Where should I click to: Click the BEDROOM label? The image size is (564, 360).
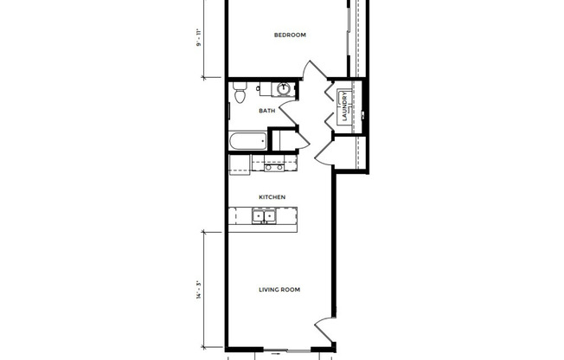[289, 35]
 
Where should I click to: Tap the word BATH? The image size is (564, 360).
[267, 111]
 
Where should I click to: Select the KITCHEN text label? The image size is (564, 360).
[272, 197]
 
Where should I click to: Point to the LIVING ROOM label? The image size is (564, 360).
[279, 290]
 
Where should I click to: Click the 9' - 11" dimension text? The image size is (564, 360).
[199, 40]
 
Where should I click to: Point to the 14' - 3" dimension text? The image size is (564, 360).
[199, 292]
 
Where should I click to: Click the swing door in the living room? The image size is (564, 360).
[322, 330]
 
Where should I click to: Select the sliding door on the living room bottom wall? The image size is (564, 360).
[279, 352]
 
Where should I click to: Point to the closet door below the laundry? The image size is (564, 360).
[324, 153]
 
